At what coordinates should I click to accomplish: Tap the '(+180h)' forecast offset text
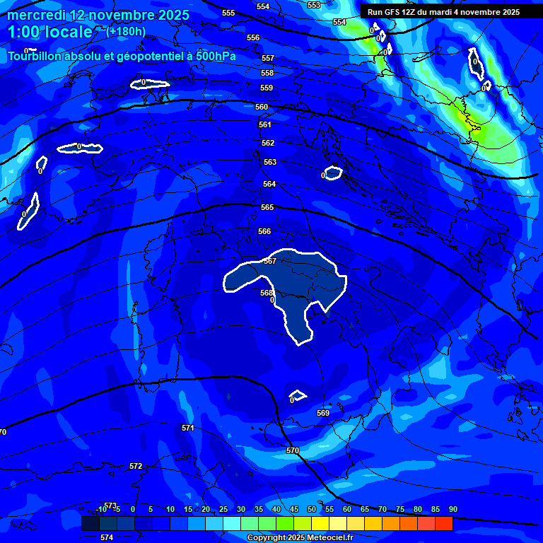coord(126,31)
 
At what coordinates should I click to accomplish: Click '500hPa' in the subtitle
coord(216,57)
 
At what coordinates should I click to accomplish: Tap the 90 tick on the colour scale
coord(452,510)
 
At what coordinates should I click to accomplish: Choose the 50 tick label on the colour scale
coord(312,510)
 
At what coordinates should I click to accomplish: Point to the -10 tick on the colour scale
coord(100,510)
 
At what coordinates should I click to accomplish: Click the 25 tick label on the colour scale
coord(223,510)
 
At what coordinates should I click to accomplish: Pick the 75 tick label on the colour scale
coord(400,510)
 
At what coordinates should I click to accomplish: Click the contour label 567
coord(269,261)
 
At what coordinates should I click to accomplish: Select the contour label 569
coord(323,413)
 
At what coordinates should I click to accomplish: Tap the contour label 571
coord(187,428)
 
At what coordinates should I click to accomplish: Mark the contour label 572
coord(136,466)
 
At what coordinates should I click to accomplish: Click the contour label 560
coord(262,107)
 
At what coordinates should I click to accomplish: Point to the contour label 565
coord(267,207)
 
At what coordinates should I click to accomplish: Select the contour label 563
coord(270,162)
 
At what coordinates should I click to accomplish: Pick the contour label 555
coord(228,13)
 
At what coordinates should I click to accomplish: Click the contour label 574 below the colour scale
coord(107,538)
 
